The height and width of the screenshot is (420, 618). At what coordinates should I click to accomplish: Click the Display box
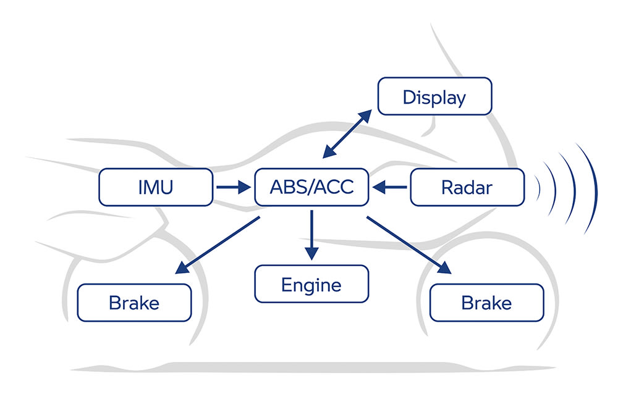[x=434, y=96]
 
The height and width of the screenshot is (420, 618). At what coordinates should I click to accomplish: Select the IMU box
[x=156, y=187]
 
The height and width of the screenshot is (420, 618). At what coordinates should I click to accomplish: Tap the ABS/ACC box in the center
[x=311, y=187]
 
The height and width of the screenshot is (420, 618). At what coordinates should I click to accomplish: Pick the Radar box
[x=467, y=187]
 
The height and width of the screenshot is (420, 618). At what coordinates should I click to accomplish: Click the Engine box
[x=311, y=284]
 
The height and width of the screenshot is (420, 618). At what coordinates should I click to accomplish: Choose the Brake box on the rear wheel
[x=134, y=303]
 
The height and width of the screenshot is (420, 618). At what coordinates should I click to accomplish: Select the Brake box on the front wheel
[x=486, y=303]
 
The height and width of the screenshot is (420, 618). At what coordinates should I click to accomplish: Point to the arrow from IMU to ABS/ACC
[x=232, y=187]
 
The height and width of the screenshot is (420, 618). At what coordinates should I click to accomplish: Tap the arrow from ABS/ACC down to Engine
[x=311, y=235]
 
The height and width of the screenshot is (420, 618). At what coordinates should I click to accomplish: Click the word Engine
[x=311, y=285]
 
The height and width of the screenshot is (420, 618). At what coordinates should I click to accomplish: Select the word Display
[x=434, y=97]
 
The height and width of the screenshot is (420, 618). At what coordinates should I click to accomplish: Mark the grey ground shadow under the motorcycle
[x=309, y=367]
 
